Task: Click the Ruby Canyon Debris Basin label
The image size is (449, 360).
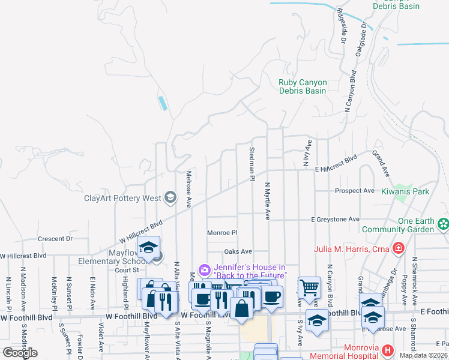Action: tap(303, 86)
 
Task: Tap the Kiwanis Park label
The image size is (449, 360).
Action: tap(405, 191)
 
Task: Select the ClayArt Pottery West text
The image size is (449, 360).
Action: tap(122, 197)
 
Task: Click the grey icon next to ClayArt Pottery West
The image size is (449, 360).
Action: tap(170, 197)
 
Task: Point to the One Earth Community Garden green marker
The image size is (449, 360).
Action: tap(443, 224)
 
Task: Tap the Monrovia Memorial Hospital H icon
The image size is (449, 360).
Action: tap(388, 350)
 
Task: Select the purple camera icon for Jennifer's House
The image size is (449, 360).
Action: tap(204, 271)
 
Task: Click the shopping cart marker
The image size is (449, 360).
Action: tap(309, 287)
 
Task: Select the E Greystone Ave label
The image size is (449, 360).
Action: tap(335, 220)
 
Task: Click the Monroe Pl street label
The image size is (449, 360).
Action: tap(222, 233)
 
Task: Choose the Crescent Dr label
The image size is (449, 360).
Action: tap(55, 238)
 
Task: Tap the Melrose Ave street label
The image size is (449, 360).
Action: tap(188, 190)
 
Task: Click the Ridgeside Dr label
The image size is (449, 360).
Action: tap(343, 26)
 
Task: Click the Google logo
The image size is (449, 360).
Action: tap(20, 353)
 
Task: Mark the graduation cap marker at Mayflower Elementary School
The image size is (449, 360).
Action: tap(148, 247)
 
